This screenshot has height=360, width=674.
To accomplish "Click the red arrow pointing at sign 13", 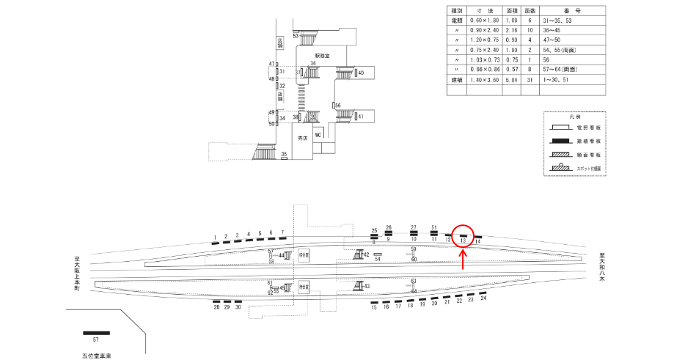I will click(463, 259).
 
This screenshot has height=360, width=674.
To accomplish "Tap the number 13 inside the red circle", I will click(464, 240).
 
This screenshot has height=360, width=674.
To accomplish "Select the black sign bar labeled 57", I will click(96, 333).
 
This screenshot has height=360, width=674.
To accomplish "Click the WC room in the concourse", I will click(318, 136).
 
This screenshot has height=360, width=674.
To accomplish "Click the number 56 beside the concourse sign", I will click(338, 106).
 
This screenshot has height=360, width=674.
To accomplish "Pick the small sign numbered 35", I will click(284, 155).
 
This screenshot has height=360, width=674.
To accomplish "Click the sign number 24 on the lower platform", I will click(483, 298).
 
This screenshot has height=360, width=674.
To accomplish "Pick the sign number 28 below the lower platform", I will click(217, 308).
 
